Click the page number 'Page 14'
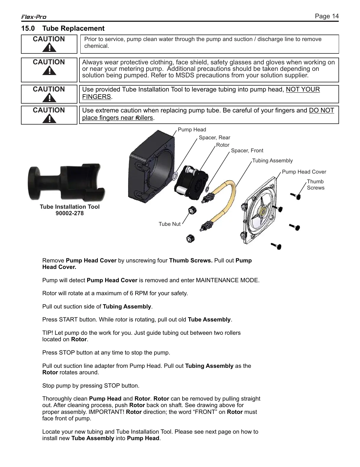[x=327, y=16]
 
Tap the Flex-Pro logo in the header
[x=34, y=17]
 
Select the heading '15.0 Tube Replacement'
[x=63, y=29]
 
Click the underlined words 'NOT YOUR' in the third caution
[x=303, y=89]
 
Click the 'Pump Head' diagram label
[x=192, y=130]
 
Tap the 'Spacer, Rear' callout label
[x=214, y=138]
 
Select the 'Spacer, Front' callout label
[x=247, y=151]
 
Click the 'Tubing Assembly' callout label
[x=272, y=161]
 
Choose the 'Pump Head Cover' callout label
[x=304, y=172]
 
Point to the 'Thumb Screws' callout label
[x=315, y=184]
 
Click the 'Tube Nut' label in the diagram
[x=170, y=224]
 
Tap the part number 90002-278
[x=70, y=213]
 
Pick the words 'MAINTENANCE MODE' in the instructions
[x=227, y=280]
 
